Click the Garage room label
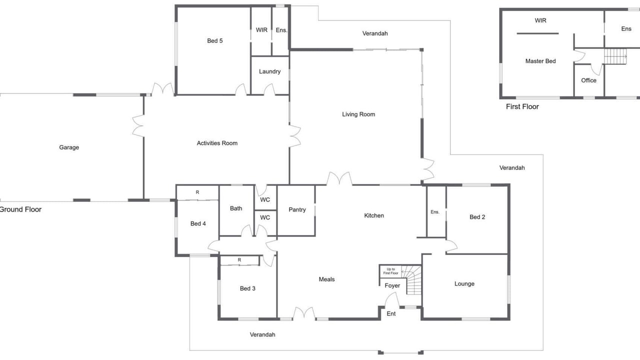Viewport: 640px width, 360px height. coord(69,147)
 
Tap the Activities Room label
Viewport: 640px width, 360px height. coord(217,143)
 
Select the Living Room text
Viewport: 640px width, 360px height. coord(358,114)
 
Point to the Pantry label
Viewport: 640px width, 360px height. coord(297,209)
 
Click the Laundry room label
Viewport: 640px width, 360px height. coord(269,71)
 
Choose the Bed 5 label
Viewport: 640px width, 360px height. coord(215,41)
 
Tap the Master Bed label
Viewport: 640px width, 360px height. coord(540,61)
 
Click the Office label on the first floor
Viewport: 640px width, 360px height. coord(589,80)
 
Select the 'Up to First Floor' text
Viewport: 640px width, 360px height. coord(390,271)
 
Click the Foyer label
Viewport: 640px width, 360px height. coord(392,285)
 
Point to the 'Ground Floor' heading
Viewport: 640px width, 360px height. coord(20,209)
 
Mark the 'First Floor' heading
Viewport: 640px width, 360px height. coord(522,106)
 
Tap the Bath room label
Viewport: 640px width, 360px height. coord(236,208)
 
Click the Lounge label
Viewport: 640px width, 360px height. coord(464,283)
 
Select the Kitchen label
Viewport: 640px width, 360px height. coord(374,215)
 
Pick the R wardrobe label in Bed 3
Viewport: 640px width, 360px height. coord(239,260)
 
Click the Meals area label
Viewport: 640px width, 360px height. coord(326,279)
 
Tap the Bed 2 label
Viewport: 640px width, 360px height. coord(477,217)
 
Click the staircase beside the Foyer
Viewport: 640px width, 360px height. coord(411,280)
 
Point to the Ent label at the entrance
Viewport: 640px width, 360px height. coord(391,313)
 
